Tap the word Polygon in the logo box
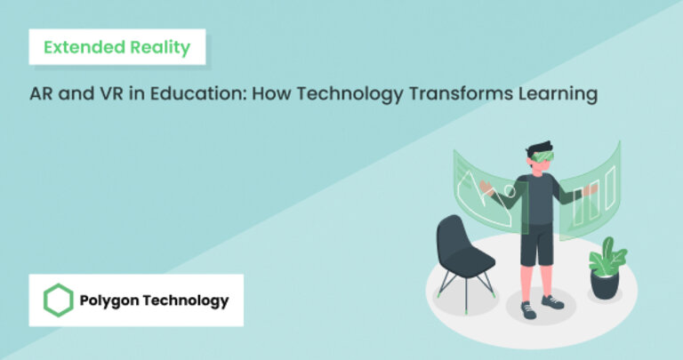pyautogui.click(x=109, y=300)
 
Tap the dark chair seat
pyautogui.click(x=465, y=260)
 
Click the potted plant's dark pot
pyautogui.click(x=605, y=284)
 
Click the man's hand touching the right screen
pyautogui.click(x=580, y=189)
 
